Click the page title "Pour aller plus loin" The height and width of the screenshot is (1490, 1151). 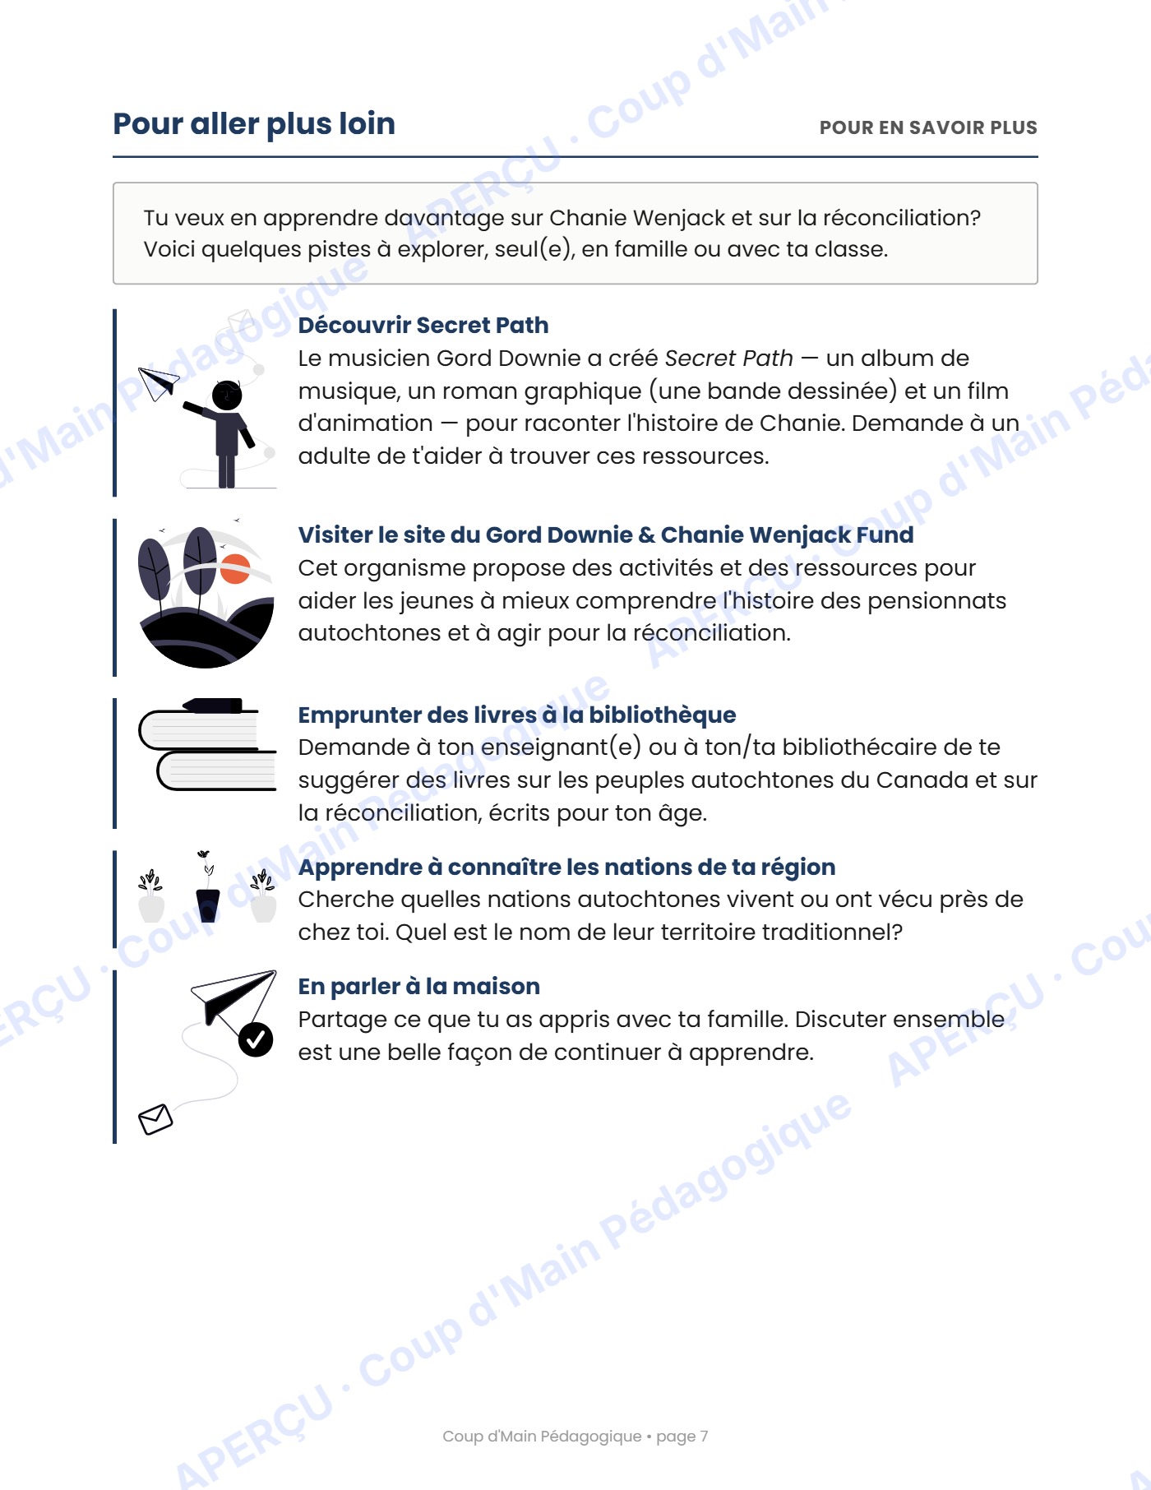tap(254, 124)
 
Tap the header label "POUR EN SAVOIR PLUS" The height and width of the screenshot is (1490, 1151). tap(928, 127)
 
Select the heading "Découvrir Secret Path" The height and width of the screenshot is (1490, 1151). tap(423, 325)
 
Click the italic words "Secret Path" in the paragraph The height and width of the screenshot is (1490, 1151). tap(728, 359)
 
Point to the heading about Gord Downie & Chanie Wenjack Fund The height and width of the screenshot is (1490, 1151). tap(606, 534)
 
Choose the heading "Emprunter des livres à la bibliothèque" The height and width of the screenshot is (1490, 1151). tap(517, 715)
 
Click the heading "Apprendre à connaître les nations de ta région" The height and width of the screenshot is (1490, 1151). tap(566, 867)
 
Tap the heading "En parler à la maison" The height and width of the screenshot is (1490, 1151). tap(419, 986)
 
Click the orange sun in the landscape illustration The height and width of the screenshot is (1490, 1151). tap(235, 569)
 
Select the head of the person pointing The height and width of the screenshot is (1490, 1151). tap(227, 395)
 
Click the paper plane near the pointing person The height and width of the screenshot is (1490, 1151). tap(158, 382)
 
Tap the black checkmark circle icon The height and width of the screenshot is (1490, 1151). tap(256, 1039)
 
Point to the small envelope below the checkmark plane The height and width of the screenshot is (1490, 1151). tap(155, 1119)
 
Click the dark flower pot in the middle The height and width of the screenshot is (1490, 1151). tap(208, 905)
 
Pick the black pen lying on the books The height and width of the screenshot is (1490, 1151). tap(214, 706)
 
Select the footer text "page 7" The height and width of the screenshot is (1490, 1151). tap(682, 1437)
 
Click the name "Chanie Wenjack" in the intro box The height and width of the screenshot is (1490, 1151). tap(637, 218)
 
